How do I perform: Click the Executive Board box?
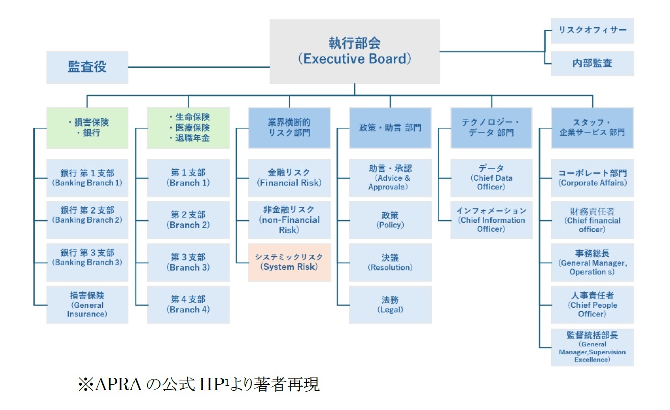(354, 51)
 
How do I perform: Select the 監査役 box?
(87, 67)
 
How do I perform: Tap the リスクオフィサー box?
(592, 30)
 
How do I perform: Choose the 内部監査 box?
(592, 63)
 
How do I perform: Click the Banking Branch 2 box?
(87, 220)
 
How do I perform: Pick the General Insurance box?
(87, 305)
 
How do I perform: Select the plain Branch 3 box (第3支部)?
(188, 262)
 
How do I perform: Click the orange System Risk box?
(289, 262)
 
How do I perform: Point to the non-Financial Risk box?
(289, 220)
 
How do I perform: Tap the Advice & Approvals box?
(390, 178)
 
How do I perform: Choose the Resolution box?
(390, 262)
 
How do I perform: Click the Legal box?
(390, 305)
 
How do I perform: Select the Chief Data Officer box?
(491, 178)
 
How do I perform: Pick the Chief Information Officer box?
(491, 220)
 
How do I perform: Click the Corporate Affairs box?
(592, 178)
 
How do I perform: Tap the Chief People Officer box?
(592, 305)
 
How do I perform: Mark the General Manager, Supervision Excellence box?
(592, 347)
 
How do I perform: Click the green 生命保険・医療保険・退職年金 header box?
(188, 128)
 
